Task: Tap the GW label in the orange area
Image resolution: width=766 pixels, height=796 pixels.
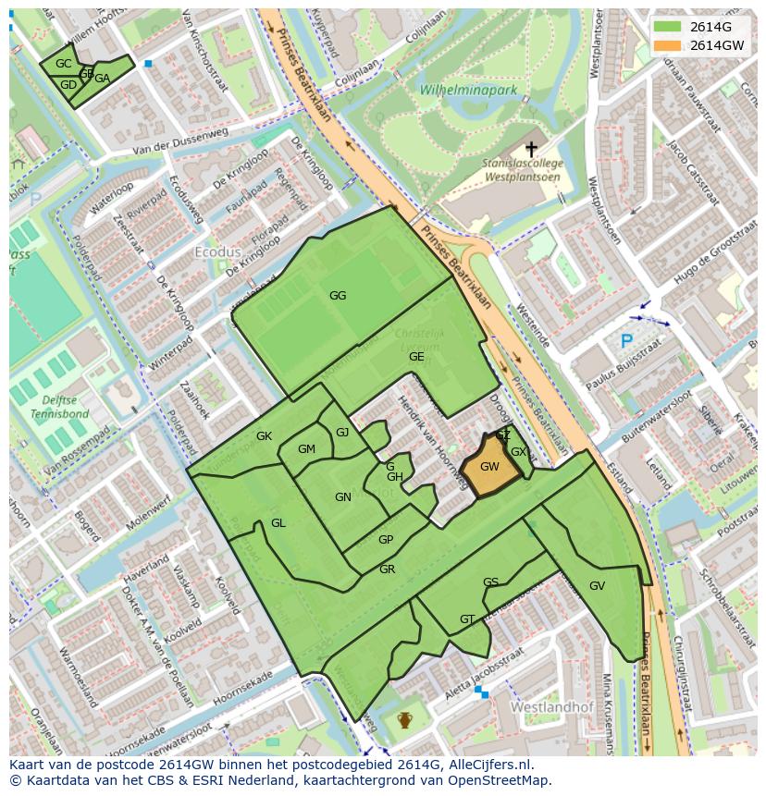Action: (x=489, y=467)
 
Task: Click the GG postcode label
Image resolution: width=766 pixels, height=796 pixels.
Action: (x=338, y=296)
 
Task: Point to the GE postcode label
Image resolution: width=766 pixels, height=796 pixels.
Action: (x=416, y=357)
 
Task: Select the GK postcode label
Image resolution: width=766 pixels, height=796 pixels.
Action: (x=265, y=435)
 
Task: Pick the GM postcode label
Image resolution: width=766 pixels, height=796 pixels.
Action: (x=306, y=449)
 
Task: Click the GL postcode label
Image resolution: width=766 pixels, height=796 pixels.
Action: (x=278, y=523)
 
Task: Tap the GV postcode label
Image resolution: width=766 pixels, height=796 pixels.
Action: (x=597, y=586)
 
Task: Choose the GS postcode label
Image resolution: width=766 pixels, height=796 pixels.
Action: (x=490, y=582)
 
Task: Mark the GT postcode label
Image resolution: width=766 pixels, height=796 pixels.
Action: (x=467, y=619)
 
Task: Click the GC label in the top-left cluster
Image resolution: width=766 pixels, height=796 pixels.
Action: (x=63, y=64)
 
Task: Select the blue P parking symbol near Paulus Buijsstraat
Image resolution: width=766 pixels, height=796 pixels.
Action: (x=626, y=341)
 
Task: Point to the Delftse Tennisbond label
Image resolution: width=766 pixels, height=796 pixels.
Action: (x=58, y=408)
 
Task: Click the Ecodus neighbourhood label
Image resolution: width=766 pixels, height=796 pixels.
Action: (x=217, y=251)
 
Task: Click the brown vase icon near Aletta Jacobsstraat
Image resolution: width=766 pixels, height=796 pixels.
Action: (x=404, y=719)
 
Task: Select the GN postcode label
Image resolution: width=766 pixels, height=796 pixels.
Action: (x=343, y=497)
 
